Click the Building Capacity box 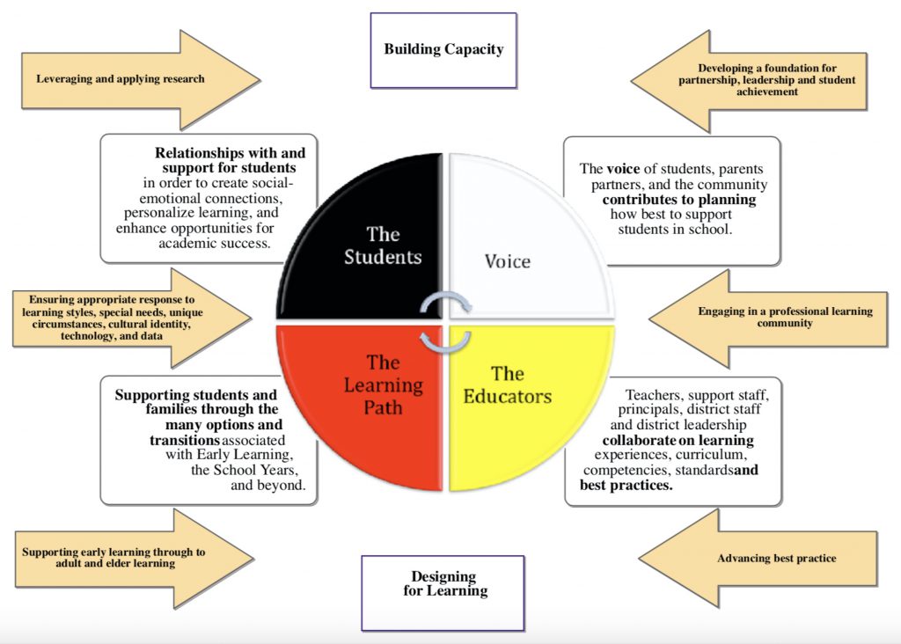pos(443,49)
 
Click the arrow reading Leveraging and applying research pos(132,79)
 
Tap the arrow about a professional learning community pos(774,317)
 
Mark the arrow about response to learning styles pos(123,318)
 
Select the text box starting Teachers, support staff pos(673,441)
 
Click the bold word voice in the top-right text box pos(622,169)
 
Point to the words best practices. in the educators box pos(626,485)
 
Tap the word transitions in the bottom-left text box pos(184,439)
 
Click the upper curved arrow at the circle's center pos(446,303)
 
